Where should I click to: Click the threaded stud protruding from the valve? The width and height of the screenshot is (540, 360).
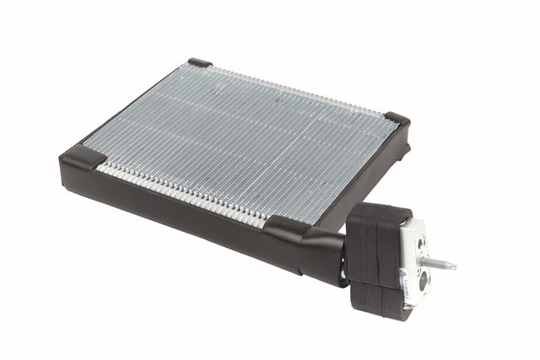(x=438, y=262)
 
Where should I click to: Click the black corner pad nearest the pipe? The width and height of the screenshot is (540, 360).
(x=285, y=226)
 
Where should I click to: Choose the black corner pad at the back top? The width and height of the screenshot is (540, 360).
(x=200, y=62)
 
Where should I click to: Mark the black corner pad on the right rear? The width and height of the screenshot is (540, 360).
(x=396, y=120)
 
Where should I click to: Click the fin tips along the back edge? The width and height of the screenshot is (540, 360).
(x=295, y=89)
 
